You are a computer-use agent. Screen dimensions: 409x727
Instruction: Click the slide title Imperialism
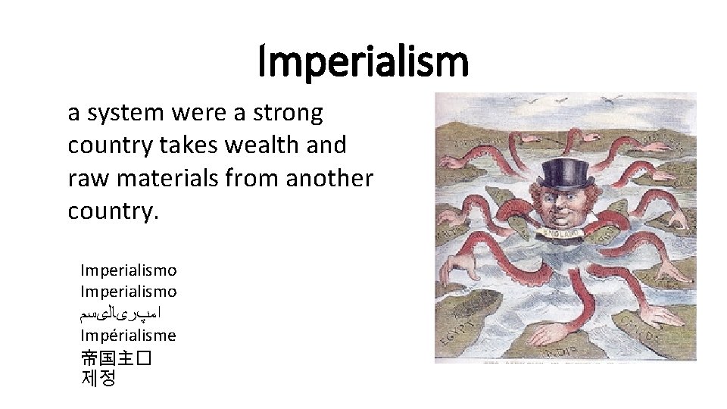(363, 62)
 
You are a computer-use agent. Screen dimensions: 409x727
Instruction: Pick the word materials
(164, 179)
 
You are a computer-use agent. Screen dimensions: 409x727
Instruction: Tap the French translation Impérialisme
(128, 336)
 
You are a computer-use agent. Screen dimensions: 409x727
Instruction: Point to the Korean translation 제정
(98, 379)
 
